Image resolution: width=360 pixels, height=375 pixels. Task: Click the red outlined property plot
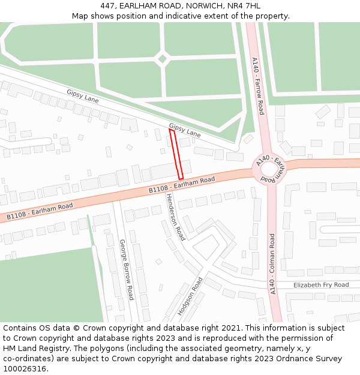176,154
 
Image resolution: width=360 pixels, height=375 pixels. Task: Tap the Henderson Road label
176,217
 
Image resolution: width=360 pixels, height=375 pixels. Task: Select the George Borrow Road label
126,269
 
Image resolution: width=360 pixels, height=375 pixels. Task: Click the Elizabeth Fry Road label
320,285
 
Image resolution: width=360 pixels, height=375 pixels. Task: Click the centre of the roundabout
269,170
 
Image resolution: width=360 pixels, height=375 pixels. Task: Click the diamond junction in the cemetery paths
161,59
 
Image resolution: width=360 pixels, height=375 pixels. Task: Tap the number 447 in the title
109,5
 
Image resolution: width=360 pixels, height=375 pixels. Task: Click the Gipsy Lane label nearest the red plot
185,130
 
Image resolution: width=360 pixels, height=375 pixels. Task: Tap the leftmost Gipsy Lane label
83,95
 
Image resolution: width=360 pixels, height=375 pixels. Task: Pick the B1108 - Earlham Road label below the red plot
182,185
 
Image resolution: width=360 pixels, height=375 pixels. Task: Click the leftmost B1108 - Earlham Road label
40,211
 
